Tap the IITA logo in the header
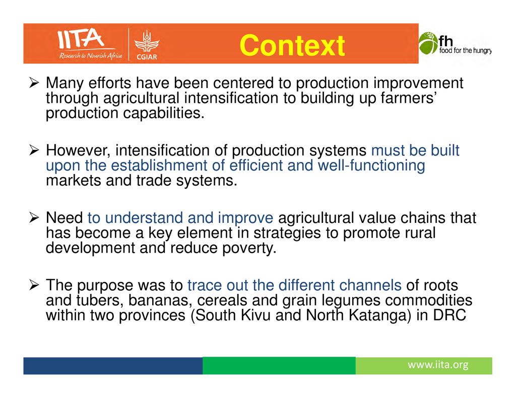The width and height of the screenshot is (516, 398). (90, 44)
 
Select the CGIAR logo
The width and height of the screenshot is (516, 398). (147, 45)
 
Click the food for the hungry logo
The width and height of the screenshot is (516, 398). (455, 44)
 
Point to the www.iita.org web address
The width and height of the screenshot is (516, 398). (438, 365)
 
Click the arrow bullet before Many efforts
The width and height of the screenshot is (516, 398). (34, 83)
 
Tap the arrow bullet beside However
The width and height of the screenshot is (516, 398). (34, 150)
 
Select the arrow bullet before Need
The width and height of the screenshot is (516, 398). (34, 217)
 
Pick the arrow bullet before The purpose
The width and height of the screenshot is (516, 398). (34, 285)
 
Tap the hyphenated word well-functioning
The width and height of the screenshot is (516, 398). (371, 166)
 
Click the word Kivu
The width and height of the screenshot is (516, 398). (256, 315)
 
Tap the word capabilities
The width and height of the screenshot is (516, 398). (164, 113)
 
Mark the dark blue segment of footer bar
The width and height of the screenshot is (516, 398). (113, 366)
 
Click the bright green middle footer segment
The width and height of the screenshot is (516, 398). (279, 366)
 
